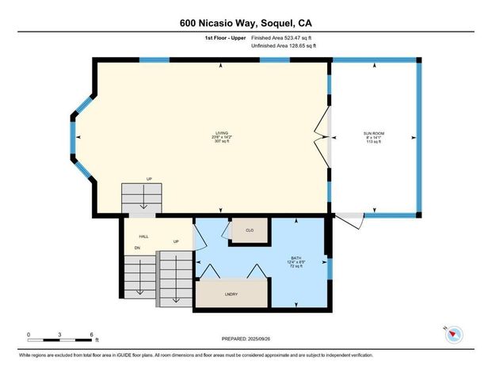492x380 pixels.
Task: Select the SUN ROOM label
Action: tap(373, 133)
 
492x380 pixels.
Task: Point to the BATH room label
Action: tap(294, 258)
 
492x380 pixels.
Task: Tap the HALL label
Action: tap(143, 236)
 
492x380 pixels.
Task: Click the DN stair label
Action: tap(137, 249)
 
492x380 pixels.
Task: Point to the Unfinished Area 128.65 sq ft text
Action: tap(284, 46)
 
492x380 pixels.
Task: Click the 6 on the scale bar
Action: tap(93, 334)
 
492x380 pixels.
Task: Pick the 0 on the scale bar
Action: tap(29, 334)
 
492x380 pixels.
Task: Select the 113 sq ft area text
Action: tap(373, 142)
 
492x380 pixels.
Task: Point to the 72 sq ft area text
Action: tap(294, 268)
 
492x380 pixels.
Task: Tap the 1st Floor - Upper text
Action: tap(225, 36)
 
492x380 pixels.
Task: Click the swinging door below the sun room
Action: tap(352, 219)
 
